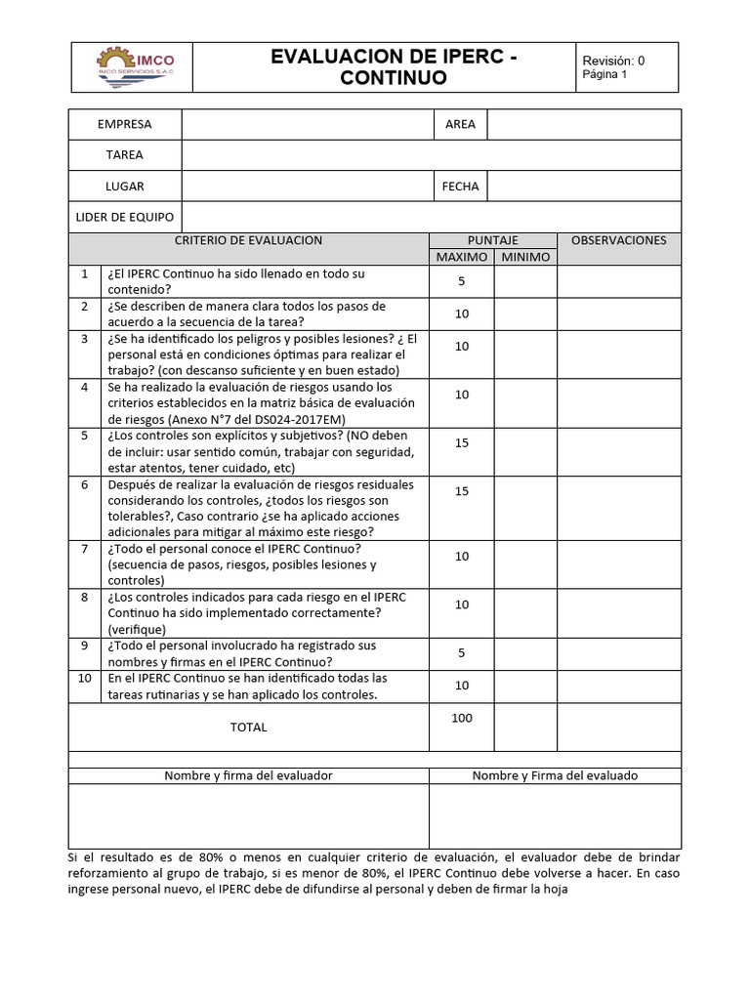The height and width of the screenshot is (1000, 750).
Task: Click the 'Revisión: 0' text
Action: (613, 60)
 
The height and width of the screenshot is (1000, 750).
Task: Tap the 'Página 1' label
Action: (604, 74)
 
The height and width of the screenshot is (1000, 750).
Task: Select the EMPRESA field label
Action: (125, 124)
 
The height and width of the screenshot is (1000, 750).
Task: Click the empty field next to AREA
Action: (583, 124)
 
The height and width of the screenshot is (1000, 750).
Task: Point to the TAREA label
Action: (125, 154)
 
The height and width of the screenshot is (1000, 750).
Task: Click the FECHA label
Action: (460, 186)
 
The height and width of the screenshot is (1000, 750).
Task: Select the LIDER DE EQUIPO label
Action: (125, 216)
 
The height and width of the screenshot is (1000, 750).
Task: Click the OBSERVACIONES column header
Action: (618, 240)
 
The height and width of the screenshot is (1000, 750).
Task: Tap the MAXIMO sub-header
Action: (461, 257)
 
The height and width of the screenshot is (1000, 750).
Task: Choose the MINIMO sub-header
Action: (525, 257)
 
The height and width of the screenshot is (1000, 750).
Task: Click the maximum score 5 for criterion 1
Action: (461, 281)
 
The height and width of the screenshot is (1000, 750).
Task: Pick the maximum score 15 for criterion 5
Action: (461, 442)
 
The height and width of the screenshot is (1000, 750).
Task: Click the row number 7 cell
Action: (85, 549)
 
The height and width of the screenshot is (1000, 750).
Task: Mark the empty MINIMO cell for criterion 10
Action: (525, 686)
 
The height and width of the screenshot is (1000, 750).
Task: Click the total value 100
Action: (461, 718)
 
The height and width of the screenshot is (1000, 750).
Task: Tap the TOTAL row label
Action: (248, 727)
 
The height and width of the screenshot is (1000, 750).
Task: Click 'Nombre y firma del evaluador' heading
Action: (248, 775)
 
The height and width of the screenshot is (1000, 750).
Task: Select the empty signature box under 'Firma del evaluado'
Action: (555, 815)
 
